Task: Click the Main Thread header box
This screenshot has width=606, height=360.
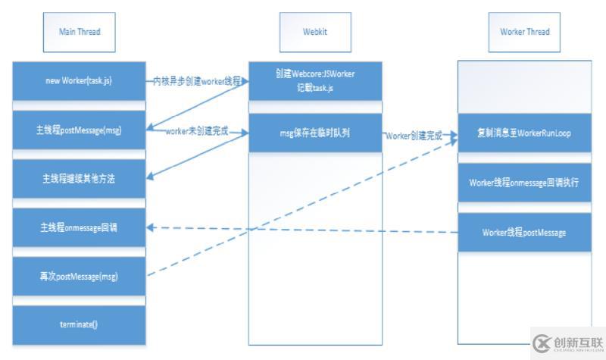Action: [x=79, y=32]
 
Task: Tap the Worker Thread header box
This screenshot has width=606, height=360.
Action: [x=525, y=32]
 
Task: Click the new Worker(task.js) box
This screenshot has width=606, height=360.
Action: [x=79, y=80]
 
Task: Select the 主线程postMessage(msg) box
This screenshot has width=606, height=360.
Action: [x=79, y=131]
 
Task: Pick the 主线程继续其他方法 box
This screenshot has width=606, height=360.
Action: [x=79, y=180]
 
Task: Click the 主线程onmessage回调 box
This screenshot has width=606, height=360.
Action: [x=79, y=227]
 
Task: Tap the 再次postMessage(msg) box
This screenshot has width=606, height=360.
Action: [x=79, y=276]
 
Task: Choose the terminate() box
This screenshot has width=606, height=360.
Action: [x=79, y=324]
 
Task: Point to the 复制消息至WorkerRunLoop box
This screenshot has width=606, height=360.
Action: [x=524, y=133]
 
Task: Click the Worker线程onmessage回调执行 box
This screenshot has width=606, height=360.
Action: [x=524, y=183]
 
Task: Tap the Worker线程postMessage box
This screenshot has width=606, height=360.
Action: [x=524, y=233]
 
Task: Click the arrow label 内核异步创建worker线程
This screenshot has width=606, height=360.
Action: [x=198, y=79]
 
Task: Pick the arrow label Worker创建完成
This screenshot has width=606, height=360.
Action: [x=414, y=136]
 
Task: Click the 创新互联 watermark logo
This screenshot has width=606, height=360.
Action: [x=568, y=343]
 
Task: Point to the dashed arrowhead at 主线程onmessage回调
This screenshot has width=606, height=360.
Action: [x=151, y=227]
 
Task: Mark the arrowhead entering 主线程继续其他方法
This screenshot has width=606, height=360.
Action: [x=151, y=178]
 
